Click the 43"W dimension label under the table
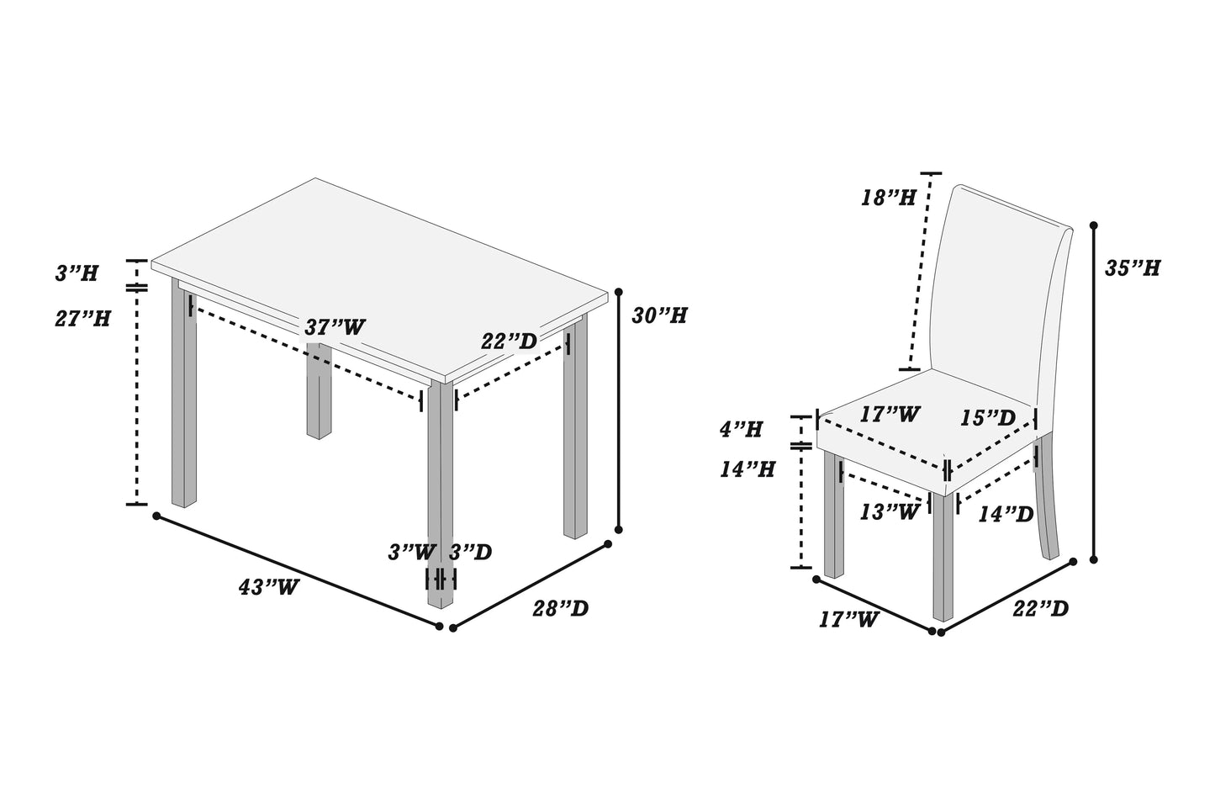point(268,587)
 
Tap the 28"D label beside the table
point(560,608)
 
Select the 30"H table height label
point(659,315)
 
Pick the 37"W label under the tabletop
point(335,327)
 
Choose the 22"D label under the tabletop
point(509,341)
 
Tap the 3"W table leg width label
point(412,553)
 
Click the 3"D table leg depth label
point(470,553)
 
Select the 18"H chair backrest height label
point(888,199)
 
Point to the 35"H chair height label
point(1133,268)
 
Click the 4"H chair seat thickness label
point(741,430)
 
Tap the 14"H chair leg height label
point(747,469)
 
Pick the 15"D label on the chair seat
point(989,418)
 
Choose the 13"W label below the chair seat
point(889,512)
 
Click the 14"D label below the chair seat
point(1006,514)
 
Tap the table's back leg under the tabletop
point(319,395)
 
